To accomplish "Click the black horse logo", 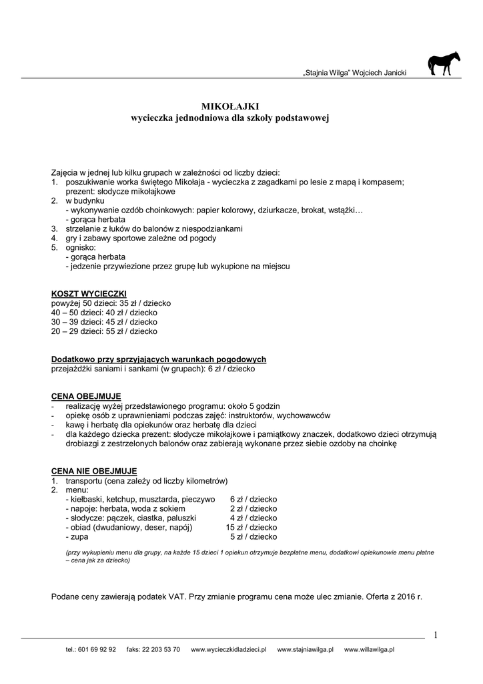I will tap(444, 64).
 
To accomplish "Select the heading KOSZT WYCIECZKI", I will tap(89, 294).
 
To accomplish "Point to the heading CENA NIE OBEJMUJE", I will tap(93, 471).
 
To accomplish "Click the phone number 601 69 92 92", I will tap(97, 649).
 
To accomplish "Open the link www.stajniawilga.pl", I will tap(305, 649).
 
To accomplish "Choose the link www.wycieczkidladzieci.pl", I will tap(229, 649).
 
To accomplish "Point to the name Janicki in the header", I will tap(392, 72).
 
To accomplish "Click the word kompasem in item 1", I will tap(384, 182).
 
